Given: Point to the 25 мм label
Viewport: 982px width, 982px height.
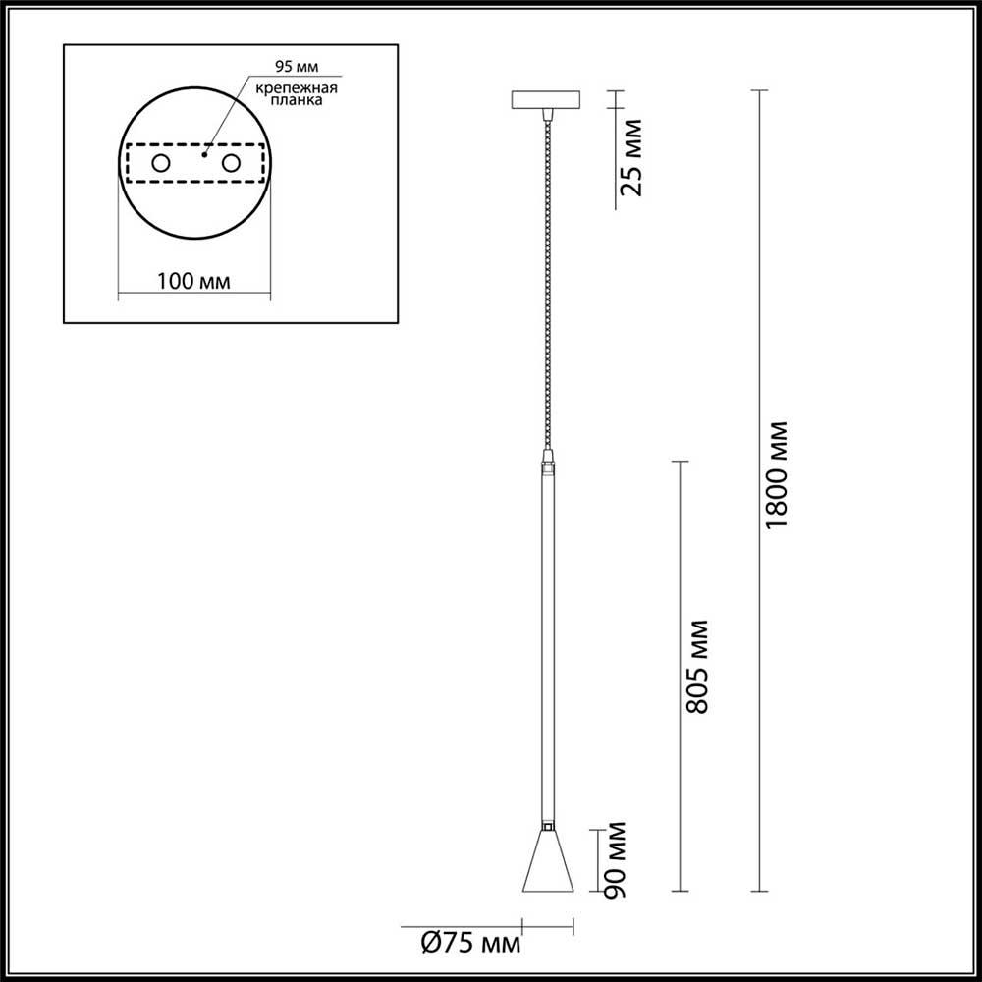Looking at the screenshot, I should [633, 156].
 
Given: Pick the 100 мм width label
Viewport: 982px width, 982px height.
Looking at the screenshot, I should [193, 281].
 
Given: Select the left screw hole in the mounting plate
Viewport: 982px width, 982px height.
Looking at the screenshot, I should [160, 164].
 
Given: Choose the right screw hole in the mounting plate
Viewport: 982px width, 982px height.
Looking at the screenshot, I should [232, 164].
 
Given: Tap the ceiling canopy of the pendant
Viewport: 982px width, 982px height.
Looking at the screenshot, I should [547, 100].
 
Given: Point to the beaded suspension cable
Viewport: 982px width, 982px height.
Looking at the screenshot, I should [547, 285].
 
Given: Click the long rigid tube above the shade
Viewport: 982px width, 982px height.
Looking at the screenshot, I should [547, 638].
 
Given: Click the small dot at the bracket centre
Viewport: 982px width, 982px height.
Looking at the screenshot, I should [204, 154].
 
